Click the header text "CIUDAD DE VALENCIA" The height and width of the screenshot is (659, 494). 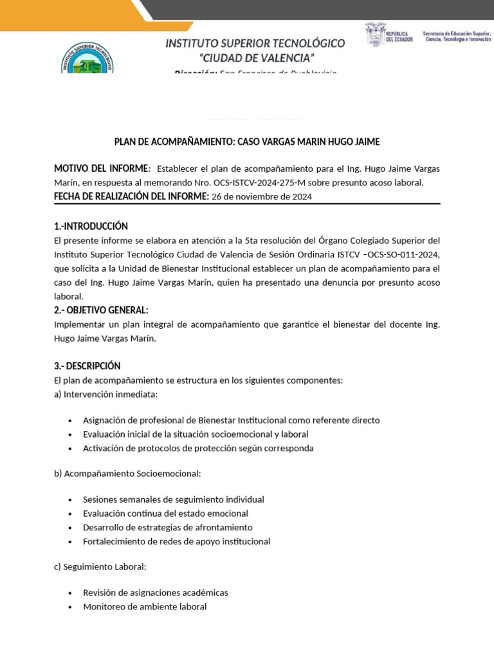(255, 59)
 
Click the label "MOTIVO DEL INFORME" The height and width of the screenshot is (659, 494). (101, 169)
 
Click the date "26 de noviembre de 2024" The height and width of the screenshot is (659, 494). (262, 197)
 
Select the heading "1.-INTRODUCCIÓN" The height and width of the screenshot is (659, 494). (91, 226)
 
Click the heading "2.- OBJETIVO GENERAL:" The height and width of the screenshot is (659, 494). (101, 310)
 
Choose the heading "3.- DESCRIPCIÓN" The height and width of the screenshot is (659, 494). (87, 366)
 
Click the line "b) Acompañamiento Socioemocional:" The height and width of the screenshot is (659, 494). (127, 474)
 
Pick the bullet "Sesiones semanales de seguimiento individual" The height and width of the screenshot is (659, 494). (173, 499)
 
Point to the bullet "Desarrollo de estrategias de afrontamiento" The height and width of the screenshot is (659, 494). (167, 527)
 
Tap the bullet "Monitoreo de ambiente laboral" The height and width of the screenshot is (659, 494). (145, 606)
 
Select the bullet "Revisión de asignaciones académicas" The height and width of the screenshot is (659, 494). (155, 592)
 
